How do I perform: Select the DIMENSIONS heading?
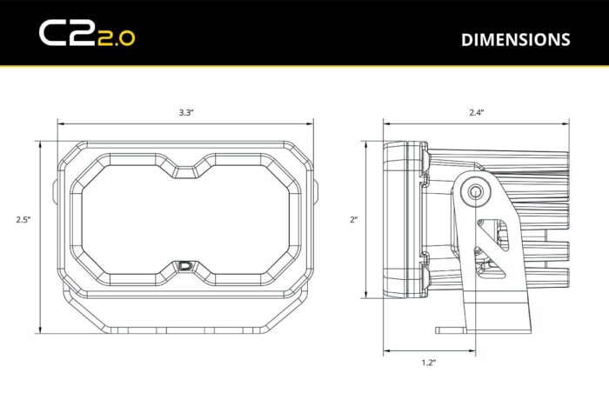(515, 39)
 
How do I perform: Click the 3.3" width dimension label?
(185, 113)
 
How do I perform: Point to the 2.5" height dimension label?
(23, 220)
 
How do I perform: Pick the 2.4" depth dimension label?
(475, 113)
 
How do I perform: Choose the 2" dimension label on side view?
(354, 220)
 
